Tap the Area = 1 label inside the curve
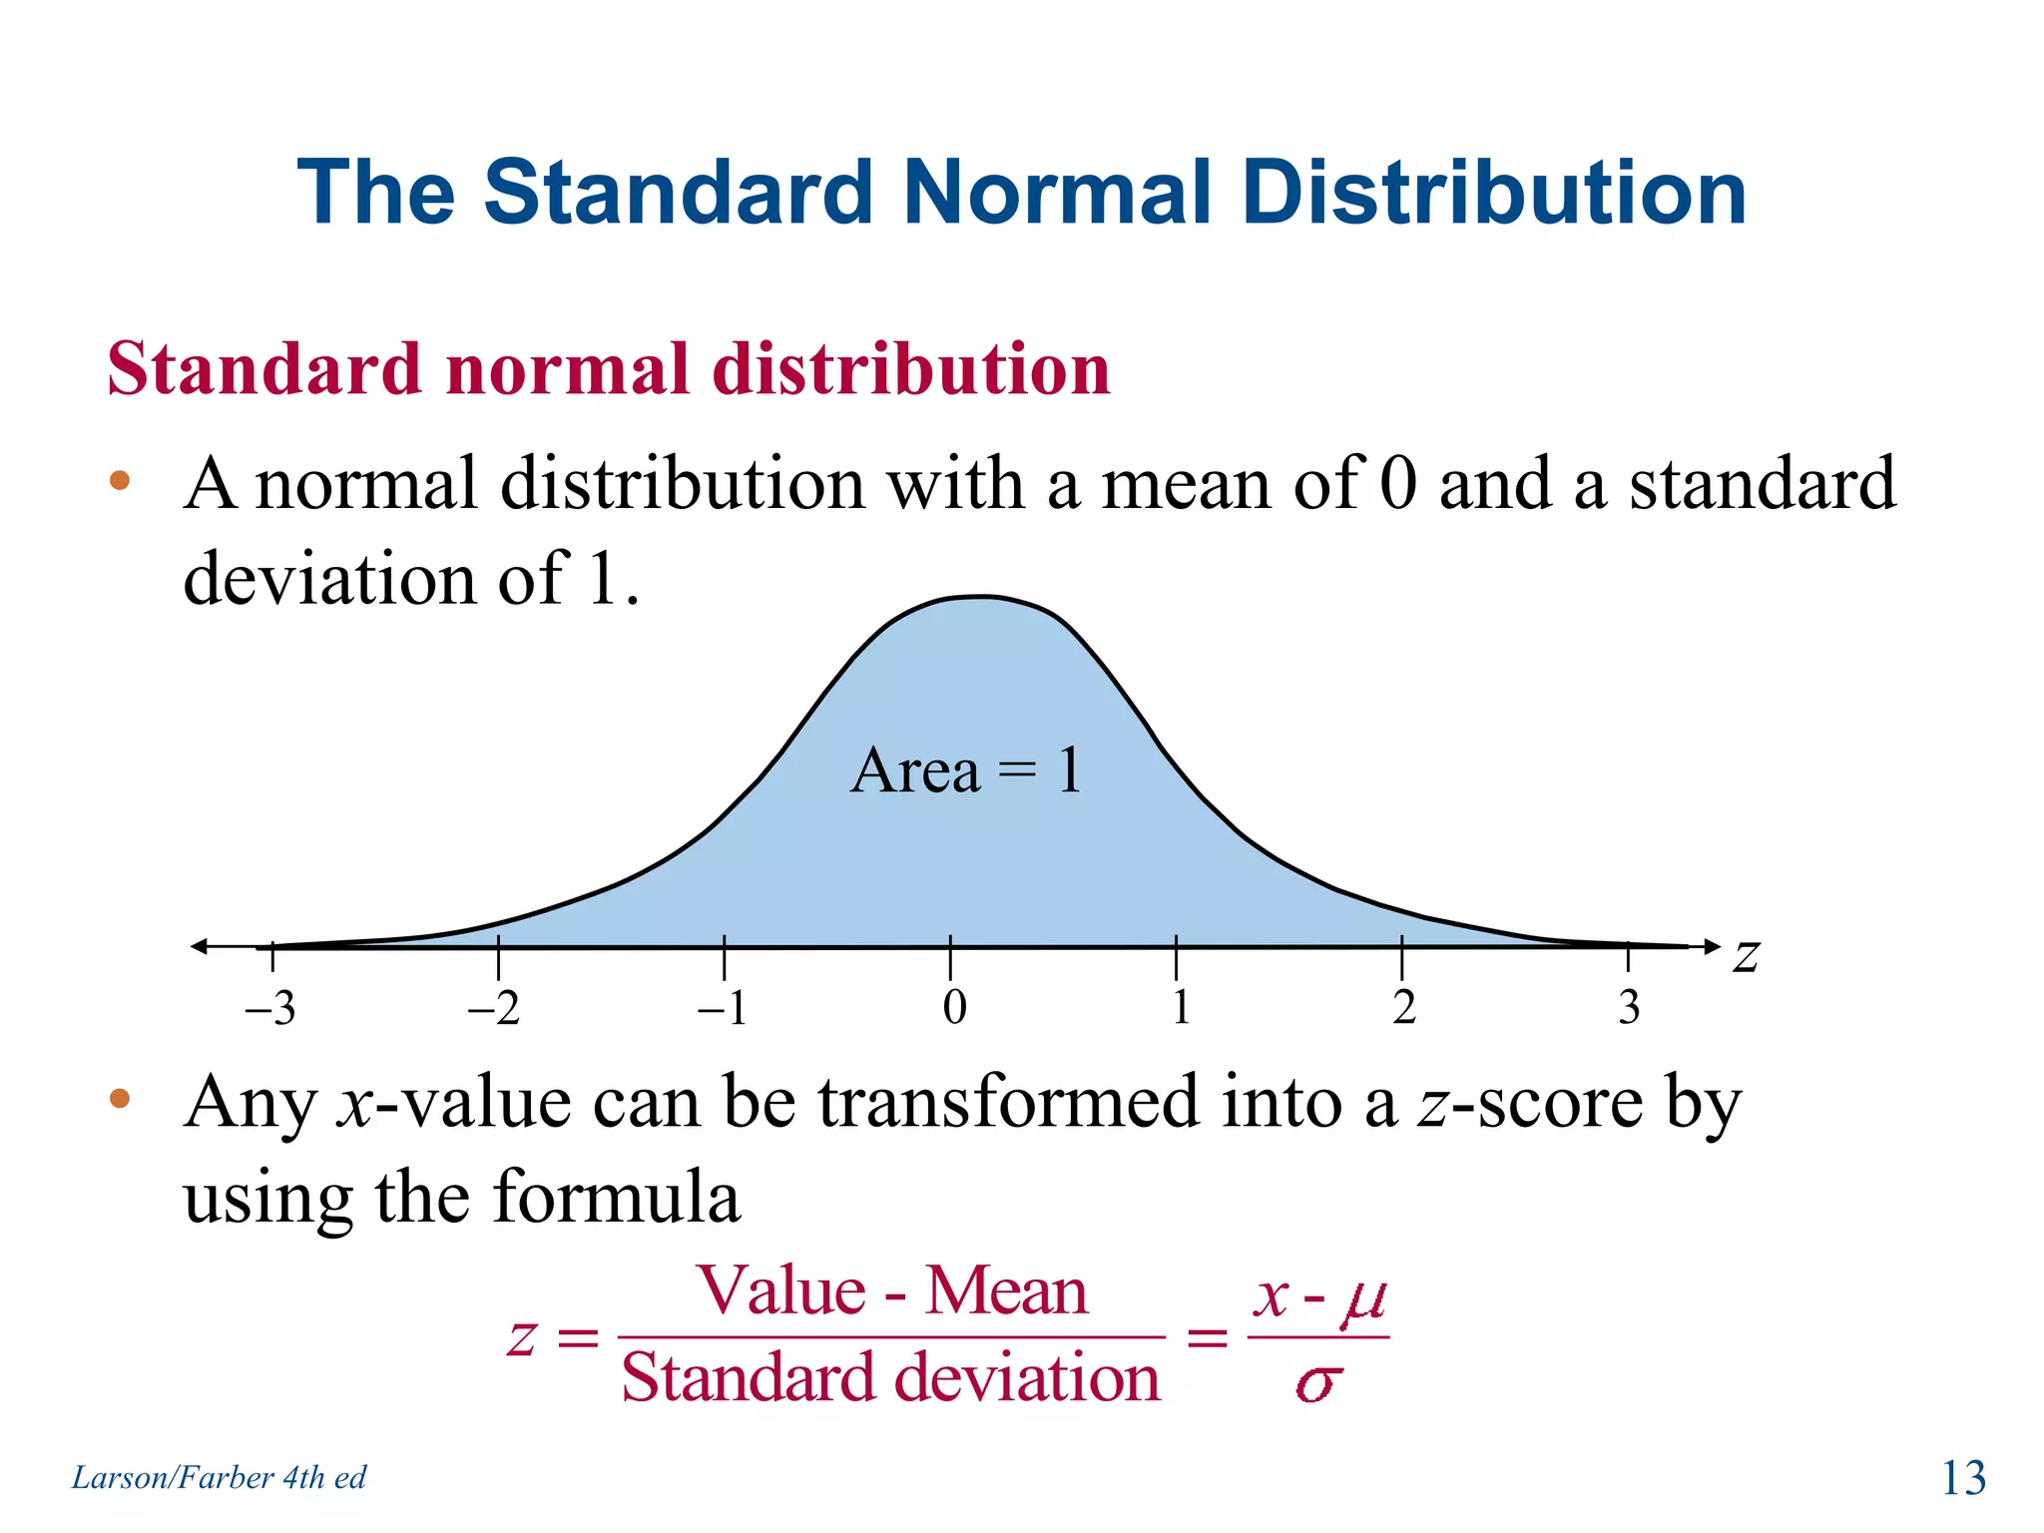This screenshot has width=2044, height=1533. pos(966,770)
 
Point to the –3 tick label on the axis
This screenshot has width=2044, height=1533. pos(270,1008)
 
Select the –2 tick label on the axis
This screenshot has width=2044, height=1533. pos(495,1008)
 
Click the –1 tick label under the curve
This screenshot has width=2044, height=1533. pos(723,1008)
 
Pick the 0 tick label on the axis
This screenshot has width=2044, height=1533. pos(954,1007)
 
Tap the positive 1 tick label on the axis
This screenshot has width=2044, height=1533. pos(1181,1007)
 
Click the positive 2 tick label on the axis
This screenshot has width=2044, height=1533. pos(1404,1007)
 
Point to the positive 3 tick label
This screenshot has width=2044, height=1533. pos(1629,1007)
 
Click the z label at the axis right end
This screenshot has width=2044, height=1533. pos(1746,955)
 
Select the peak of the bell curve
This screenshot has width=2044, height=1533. pos(982,598)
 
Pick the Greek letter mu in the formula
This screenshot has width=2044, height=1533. pos(1363,1298)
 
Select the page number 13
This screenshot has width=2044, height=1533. pos(1963,1478)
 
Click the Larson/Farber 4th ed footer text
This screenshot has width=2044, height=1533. pos(219,1477)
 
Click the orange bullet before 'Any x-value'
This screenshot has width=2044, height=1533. pos(120,1099)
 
